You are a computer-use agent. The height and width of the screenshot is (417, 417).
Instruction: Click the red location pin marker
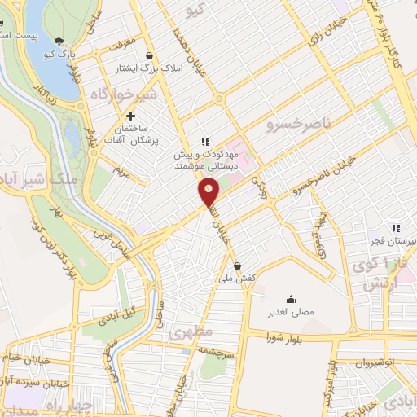point(209,192)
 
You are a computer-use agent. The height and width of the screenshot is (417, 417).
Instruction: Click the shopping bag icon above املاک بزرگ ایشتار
point(148,55)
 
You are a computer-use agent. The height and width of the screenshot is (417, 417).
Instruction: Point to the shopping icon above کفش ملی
point(237,266)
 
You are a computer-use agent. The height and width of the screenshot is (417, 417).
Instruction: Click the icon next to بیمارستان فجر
point(396,229)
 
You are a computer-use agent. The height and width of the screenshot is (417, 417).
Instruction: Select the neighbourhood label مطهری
point(190,332)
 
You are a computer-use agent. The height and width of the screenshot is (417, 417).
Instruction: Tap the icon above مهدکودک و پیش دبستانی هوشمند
point(206,140)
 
